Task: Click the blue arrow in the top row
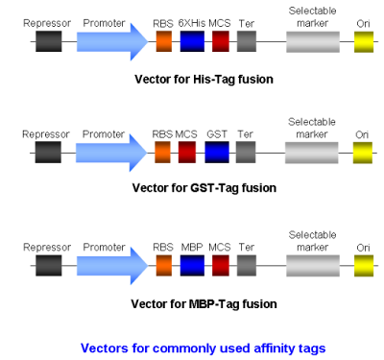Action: (x=110, y=41)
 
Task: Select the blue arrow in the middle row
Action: (x=110, y=153)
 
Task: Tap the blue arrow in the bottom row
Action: (x=110, y=266)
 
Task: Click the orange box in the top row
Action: (x=163, y=41)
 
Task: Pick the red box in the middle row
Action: (x=187, y=153)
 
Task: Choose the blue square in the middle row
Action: (x=217, y=153)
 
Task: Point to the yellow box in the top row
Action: (x=364, y=41)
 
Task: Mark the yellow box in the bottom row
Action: (x=364, y=266)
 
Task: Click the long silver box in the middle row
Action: (x=311, y=153)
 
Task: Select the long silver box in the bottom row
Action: (x=312, y=266)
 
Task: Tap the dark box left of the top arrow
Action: (x=49, y=41)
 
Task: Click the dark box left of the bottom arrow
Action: (x=49, y=266)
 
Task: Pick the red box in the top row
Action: (x=221, y=41)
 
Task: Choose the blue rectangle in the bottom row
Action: (x=192, y=266)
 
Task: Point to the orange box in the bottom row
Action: (x=163, y=266)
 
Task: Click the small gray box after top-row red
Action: (x=247, y=41)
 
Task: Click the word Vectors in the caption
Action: (x=101, y=348)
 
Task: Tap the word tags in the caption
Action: (x=314, y=348)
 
